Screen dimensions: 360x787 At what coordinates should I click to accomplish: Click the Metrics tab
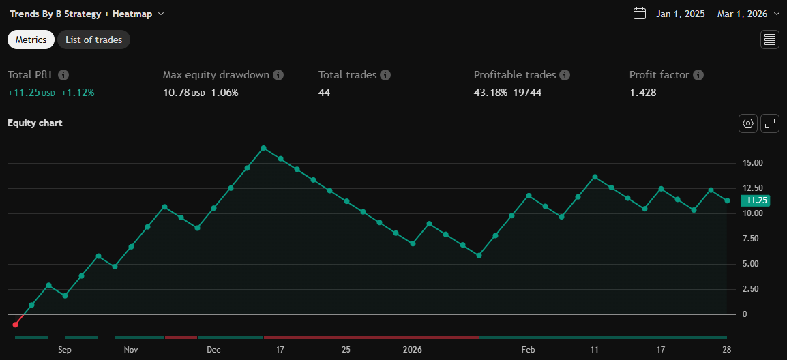click(31, 40)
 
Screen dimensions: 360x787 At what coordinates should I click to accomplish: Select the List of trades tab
click(93, 40)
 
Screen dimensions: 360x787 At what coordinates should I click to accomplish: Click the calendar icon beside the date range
click(639, 13)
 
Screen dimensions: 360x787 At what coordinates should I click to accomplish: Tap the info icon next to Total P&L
click(63, 75)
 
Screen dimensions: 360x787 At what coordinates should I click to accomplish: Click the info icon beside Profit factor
click(698, 75)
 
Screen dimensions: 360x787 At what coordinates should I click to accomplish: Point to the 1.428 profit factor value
click(642, 93)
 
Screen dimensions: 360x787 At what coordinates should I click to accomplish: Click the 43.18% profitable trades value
click(490, 93)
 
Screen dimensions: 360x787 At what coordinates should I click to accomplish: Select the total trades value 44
click(324, 93)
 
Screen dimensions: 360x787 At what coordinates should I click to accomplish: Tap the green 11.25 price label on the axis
click(757, 200)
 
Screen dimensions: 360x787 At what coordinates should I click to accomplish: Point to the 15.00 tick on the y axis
click(753, 163)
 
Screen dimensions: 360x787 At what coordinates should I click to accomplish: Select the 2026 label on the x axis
click(412, 350)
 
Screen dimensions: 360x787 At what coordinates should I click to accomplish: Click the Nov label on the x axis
click(131, 350)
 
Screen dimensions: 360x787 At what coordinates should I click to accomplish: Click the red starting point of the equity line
click(15, 325)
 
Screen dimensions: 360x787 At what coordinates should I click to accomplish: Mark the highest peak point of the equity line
click(263, 148)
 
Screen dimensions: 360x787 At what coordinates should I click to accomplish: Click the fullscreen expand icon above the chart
click(770, 123)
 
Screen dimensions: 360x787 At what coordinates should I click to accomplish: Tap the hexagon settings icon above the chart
click(748, 123)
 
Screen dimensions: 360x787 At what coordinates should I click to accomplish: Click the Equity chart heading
click(35, 123)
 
